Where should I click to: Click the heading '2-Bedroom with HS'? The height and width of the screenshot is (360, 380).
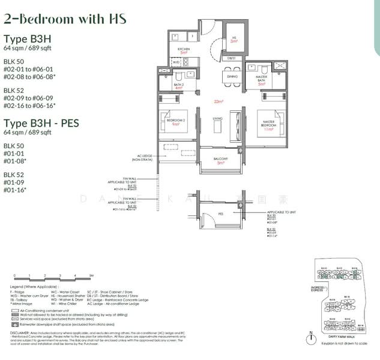(x=65, y=19)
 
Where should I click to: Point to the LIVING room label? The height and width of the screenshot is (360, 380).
(x=217, y=119)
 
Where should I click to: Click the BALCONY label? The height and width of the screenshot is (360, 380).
(x=220, y=159)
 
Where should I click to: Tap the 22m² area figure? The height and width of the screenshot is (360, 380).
(x=218, y=101)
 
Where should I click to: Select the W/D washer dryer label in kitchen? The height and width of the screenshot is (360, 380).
(x=176, y=62)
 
